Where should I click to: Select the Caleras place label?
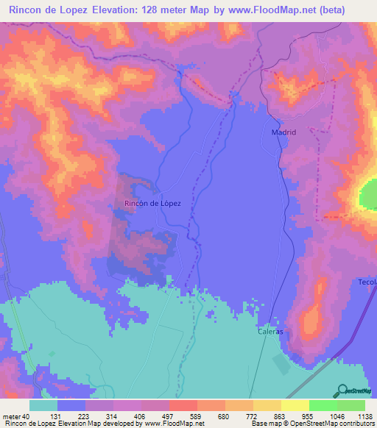tap(270, 332)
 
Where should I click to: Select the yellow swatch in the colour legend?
tap(295, 404)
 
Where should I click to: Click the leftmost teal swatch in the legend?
tap(43, 404)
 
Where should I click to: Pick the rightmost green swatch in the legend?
tap(351, 404)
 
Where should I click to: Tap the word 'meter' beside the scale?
tap(11, 415)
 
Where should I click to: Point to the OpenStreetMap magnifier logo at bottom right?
tap(354, 390)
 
